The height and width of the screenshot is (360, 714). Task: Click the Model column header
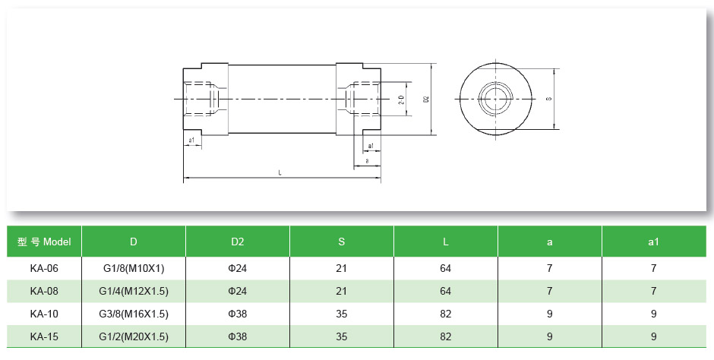point(44,242)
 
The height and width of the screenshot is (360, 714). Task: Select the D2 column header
point(237,242)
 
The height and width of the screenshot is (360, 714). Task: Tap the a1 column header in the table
point(653,242)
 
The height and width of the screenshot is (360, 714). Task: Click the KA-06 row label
point(44,268)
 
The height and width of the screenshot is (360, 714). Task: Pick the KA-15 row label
point(44,336)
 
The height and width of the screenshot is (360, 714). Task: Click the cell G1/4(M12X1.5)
point(133,291)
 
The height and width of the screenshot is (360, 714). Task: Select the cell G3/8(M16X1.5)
point(133,314)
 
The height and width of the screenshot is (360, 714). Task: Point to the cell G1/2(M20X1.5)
point(133,336)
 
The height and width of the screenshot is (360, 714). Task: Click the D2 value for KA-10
point(237,314)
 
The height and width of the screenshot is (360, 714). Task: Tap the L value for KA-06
point(445,268)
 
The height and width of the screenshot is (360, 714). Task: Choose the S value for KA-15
point(341,336)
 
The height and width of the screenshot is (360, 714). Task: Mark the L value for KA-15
point(445,336)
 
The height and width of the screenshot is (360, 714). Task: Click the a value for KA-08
point(549,291)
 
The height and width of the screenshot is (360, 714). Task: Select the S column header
point(341,242)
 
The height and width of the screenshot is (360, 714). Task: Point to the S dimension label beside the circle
point(548,99)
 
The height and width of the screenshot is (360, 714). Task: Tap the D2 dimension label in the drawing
point(427,99)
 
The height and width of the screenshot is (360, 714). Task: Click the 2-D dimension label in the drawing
point(402,99)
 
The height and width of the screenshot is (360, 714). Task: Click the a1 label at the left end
point(191,141)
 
